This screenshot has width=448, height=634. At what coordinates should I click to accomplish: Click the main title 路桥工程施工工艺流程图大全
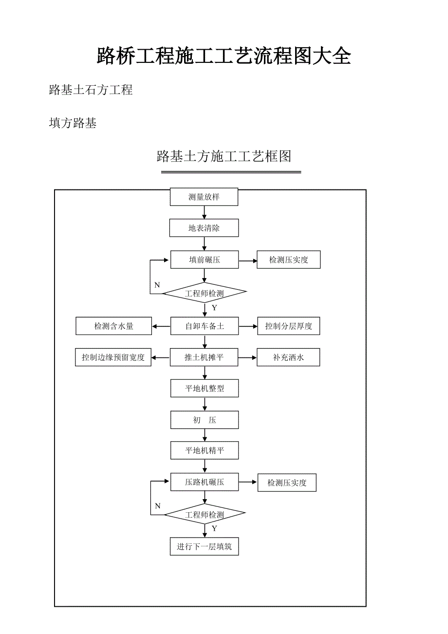[x=224, y=56]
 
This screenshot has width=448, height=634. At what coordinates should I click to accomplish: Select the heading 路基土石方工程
[x=91, y=90]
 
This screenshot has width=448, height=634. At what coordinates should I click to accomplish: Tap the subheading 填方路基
[x=73, y=123]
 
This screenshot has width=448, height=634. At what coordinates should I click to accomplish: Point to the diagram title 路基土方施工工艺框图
[x=224, y=156]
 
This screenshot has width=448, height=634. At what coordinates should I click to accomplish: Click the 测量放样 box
[x=204, y=197]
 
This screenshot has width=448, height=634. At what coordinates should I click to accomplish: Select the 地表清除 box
[x=204, y=228]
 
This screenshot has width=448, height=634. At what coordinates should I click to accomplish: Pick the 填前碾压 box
[x=204, y=260]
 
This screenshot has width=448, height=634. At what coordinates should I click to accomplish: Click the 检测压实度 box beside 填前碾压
[x=289, y=260]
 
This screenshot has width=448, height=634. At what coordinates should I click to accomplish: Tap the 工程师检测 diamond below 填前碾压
[x=204, y=293]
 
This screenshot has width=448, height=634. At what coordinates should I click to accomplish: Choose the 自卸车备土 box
[x=204, y=326]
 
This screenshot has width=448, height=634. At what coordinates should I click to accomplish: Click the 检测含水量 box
[x=113, y=326]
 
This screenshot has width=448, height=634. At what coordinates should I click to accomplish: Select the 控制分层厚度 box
[x=289, y=326]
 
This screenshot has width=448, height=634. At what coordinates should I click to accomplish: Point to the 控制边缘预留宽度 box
[x=113, y=357]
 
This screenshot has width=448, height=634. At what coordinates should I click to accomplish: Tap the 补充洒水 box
[x=289, y=357]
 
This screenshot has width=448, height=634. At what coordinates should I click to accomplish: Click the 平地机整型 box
[x=204, y=389]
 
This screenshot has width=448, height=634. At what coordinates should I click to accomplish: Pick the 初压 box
[x=204, y=420]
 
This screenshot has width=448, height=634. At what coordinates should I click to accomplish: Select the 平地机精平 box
[x=204, y=450]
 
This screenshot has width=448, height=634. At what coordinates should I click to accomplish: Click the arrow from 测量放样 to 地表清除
[x=204, y=212]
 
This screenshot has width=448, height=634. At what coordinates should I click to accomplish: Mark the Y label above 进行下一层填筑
[x=214, y=528]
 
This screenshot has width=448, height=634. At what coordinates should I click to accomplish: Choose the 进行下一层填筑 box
[x=204, y=547]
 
